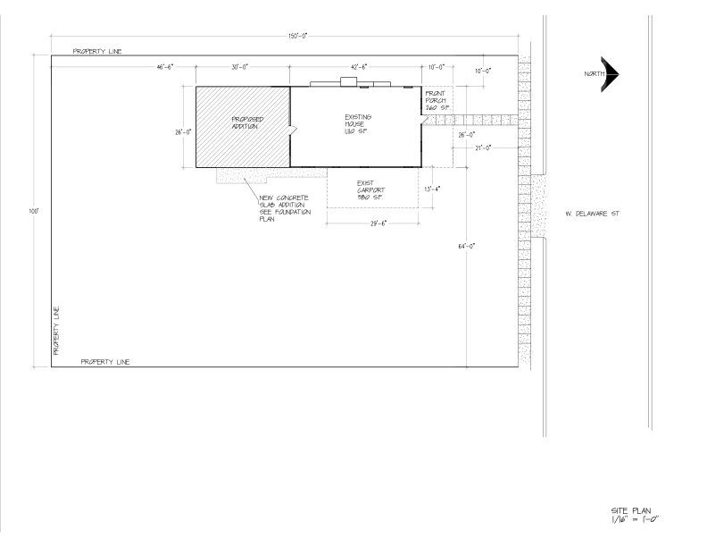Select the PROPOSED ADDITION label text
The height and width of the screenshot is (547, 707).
pos(246,123)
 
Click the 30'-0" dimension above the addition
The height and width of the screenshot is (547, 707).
pos(238,67)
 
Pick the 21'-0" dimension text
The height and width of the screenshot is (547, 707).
pos(483,148)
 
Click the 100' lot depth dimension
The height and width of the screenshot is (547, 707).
pos(34,212)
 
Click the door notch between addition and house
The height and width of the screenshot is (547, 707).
pos(291,130)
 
